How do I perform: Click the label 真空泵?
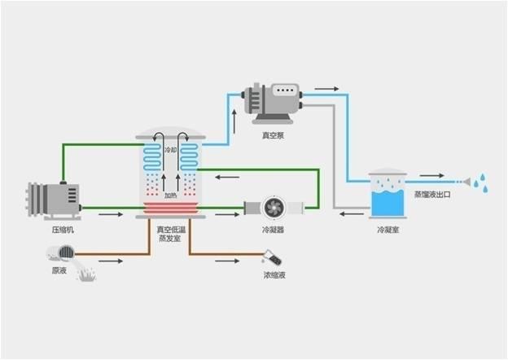click(273, 135)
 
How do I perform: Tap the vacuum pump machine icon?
click(273, 103)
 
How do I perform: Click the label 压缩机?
click(63, 230)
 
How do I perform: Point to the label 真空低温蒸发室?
click(171, 234)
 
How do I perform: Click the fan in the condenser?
click(274, 208)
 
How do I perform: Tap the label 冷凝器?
click(273, 230)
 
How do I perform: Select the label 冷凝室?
click(388, 230)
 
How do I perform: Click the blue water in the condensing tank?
click(388, 204)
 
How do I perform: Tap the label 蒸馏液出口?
click(432, 195)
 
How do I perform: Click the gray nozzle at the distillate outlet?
click(466, 182)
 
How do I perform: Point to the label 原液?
click(59, 270)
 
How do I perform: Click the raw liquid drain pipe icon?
click(60, 253)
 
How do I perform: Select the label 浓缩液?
click(274, 275)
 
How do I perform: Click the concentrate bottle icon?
click(272, 257)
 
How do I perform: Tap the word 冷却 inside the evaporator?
click(171, 150)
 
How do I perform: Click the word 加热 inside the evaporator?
click(171, 195)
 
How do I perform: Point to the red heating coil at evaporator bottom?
click(171, 208)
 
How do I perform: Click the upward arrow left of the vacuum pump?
click(234, 121)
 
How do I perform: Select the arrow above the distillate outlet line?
click(431, 175)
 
